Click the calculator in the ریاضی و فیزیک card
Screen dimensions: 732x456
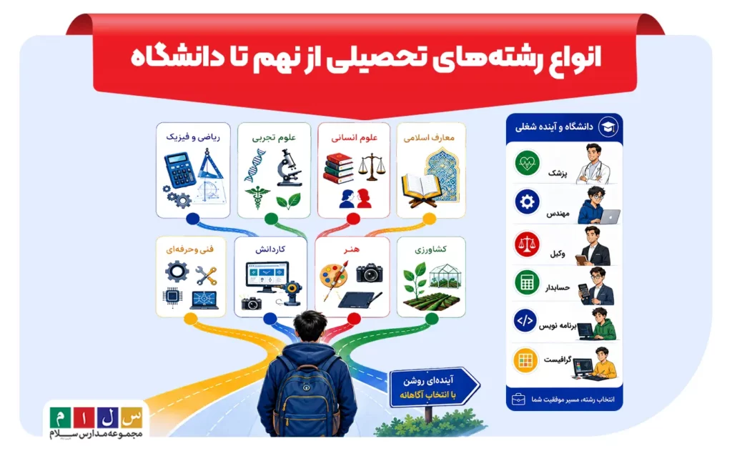pyautogui.click(x=180, y=171)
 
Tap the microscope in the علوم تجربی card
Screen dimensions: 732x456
pyautogui.click(x=290, y=167)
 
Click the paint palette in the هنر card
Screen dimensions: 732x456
pyautogui.click(x=333, y=275)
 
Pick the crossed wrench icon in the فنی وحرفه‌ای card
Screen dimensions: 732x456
pyautogui.click(x=206, y=275)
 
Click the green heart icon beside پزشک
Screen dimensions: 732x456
pyautogui.click(x=527, y=163)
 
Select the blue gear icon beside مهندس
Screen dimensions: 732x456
pyautogui.click(x=527, y=202)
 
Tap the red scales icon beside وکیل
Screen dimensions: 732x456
pyautogui.click(x=527, y=244)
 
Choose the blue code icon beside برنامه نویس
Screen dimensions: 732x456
pyautogui.click(x=525, y=321)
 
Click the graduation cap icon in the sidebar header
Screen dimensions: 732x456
pyautogui.click(x=608, y=127)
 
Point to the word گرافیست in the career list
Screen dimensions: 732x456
pyautogui.click(x=558, y=360)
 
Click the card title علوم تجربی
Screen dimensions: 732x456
pyautogui.click(x=274, y=137)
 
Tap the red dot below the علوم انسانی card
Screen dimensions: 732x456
pyautogui.click(x=353, y=219)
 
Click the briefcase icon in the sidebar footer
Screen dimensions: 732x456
pyautogui.click(x=518, y=400)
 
